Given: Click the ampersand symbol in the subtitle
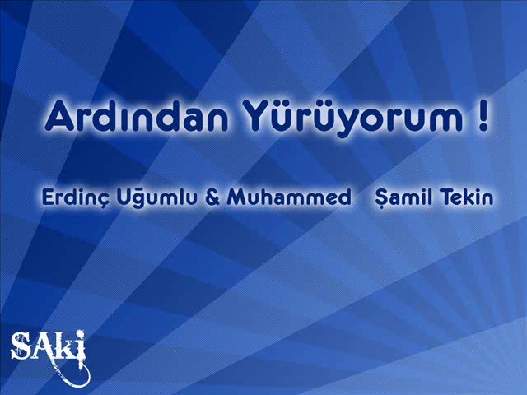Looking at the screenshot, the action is click(212, 197).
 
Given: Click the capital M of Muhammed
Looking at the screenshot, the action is click(236, 197).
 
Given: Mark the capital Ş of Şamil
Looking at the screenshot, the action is click(382, 199).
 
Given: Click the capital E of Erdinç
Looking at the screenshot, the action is click(48, 197).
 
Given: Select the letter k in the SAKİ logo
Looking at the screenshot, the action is click(63, 347).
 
